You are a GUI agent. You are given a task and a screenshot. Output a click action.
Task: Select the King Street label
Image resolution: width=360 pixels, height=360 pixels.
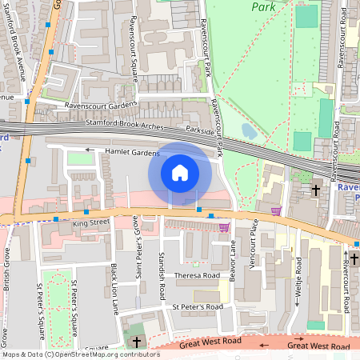tap(91, 222)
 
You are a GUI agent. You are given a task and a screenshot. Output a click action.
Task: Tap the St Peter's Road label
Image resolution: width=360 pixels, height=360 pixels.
tap(198, 306)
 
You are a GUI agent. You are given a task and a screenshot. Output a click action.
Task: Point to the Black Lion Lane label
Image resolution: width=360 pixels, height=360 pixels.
tap(114, 288)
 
